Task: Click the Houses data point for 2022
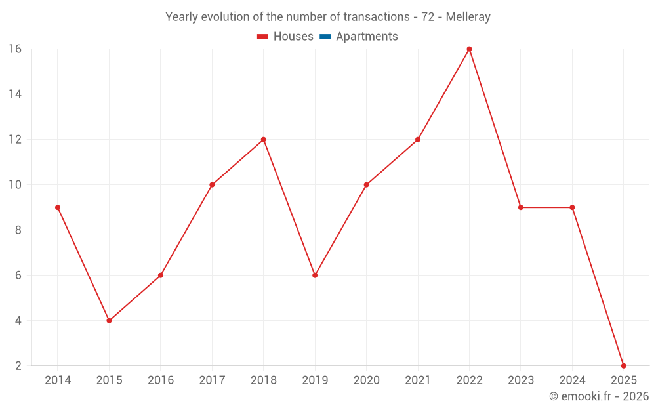click(469, 49)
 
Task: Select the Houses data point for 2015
click(109, 321)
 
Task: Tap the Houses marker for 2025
click(623, 365)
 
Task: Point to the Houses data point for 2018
click(263, 140)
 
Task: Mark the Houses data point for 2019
click(315, 276)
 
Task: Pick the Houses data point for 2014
click(58, 207)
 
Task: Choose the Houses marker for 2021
click(418, 140)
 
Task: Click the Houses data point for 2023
click(521, 207)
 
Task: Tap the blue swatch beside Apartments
click(325, 37)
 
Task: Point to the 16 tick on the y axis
click(15, 49)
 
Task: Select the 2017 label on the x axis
click(212, 380)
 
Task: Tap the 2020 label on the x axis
click(366, 380)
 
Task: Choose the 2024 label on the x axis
click(572, 380)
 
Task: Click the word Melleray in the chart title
click(468, 17)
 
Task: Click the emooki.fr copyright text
click(598, 396)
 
